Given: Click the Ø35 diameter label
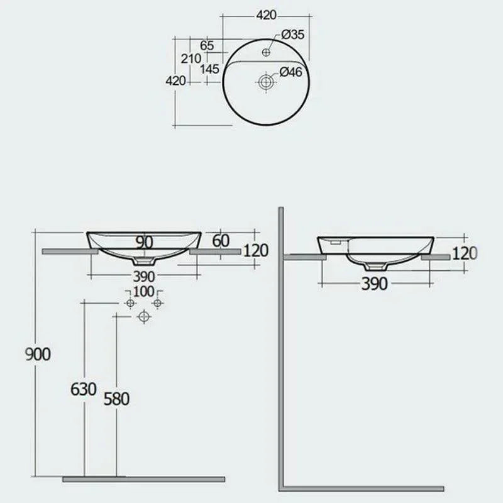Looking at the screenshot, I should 292,35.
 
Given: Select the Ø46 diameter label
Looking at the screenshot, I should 290,72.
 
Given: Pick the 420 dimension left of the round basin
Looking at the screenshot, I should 175,80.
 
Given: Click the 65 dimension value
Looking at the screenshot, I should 207,45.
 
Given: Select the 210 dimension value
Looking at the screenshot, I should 191,58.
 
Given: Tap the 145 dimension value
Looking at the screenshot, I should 210,69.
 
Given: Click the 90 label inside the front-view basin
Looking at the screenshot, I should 144,241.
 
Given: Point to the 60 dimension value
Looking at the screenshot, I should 221,240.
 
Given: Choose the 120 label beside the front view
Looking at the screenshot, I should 256,250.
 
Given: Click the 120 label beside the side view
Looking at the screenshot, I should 465,253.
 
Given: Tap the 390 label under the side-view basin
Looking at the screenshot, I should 374,284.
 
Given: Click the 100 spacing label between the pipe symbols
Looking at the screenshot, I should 144,291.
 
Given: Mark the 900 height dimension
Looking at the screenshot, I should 38,354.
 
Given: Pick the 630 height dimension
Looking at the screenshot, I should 83,389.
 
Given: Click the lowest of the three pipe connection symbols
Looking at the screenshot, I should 144,317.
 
